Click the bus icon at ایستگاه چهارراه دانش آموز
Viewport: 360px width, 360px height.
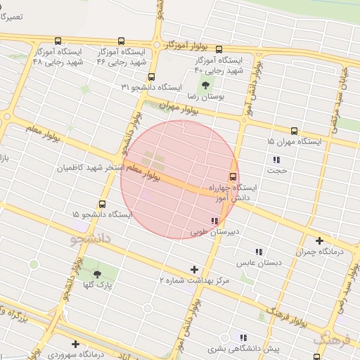tap(233, 176)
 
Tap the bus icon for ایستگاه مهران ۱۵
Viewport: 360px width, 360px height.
tap(294, 131)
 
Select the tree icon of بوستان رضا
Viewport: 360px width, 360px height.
tap(205, 86)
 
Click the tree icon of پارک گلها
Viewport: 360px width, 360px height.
tap(97, 274)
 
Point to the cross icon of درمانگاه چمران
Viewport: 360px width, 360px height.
tap(320, 240)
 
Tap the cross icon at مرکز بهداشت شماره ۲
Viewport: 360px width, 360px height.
tap(195, 269)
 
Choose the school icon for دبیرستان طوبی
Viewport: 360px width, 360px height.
tap(214, 221)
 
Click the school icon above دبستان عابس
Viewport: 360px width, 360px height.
tap(259, 252)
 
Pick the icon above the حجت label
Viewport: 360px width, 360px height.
tap(276, 160)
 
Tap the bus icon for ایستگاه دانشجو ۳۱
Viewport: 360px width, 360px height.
tap(151, 77)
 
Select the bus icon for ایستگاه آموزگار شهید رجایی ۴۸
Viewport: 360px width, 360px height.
tap(57, 41)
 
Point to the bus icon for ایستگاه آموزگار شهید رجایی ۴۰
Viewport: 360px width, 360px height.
tap(219, 50)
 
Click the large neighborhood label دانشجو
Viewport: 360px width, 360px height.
tap(91, 239)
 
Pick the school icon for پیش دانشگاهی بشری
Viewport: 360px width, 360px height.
tap(243, 338)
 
